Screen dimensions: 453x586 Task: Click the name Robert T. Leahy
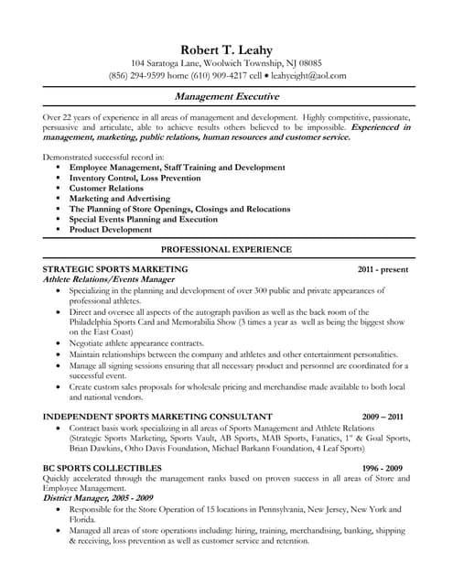[226, 49]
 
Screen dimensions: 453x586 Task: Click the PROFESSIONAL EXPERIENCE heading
[226, 249]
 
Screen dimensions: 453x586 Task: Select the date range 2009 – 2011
[383, 416]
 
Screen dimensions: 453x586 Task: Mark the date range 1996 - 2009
[383, 467]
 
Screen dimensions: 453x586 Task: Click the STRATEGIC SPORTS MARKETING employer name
[115, 269]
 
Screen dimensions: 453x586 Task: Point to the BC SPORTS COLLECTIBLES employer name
[102, 467]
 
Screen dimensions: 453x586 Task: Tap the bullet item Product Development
[121, 230]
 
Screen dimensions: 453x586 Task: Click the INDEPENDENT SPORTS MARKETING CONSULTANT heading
[157, 416]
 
